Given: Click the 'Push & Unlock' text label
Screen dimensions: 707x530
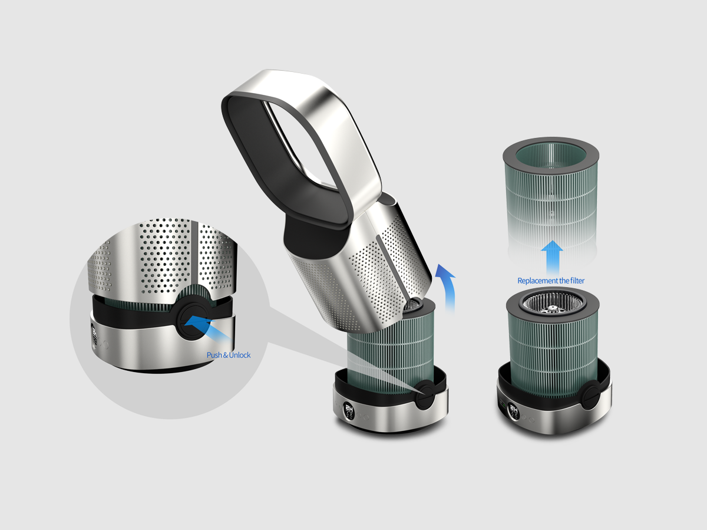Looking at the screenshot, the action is pos(229,355).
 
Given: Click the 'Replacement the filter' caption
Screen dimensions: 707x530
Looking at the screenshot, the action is pos(551,281).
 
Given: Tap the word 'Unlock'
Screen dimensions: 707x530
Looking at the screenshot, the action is pos(240,355).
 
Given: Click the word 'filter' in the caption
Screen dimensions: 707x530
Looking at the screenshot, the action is pos(577,281).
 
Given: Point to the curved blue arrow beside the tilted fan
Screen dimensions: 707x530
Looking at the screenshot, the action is pos(450,287).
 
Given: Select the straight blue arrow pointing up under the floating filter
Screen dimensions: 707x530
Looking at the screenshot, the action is pos(552,258).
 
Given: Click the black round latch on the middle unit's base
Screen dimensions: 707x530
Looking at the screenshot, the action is pos(426,394).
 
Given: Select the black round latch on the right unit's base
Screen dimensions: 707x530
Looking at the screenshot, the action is pos(591,394).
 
